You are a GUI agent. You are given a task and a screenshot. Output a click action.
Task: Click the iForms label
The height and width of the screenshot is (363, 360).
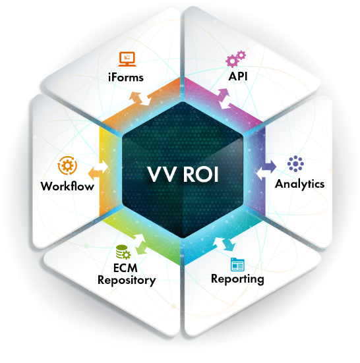pos(126,77)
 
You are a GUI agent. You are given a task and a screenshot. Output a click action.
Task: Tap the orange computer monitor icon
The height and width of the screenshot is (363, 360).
pos(127,59)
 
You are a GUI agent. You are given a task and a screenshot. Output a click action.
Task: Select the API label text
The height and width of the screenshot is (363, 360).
pos(238,76)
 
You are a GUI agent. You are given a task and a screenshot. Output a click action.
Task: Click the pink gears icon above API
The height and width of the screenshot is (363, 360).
pos(235,59)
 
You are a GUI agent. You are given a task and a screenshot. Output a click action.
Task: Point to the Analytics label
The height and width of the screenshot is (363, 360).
pos(299,184)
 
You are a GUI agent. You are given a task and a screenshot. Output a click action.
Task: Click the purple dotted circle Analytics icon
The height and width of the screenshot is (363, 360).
pos(295,164)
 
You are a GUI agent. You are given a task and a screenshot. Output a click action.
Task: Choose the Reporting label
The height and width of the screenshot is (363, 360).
pos(237,279)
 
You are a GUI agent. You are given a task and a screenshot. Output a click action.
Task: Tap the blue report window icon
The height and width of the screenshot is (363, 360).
pos(237,264)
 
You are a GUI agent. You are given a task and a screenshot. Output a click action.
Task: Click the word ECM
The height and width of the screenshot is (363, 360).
pos(125,268)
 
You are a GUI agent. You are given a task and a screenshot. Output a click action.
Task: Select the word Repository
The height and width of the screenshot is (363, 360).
pos(127,281)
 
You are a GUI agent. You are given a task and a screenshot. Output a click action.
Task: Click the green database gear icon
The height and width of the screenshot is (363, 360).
pos(123,252)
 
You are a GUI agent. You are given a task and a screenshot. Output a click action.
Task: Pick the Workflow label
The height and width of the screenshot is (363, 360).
pos(67,186)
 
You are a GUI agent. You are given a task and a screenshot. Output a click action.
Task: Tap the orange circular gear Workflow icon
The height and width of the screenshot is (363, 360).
pos(67,165)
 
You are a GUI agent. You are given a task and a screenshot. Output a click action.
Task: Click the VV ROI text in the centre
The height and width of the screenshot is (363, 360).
pos(183,174)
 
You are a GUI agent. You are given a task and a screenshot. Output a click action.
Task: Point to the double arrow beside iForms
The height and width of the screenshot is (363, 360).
pos(140,99)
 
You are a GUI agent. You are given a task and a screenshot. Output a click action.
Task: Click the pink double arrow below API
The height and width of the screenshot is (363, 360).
pos(224,99)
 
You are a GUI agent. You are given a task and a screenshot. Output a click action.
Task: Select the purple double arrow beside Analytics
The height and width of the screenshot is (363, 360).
pos(266,170)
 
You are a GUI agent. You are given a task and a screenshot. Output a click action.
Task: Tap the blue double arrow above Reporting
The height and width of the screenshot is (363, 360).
pos(224,244)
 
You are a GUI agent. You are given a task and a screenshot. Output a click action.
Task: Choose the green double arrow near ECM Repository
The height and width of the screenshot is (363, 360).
pos(140,244)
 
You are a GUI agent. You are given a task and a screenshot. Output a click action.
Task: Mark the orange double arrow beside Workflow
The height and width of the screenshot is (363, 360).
pos(98,170)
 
